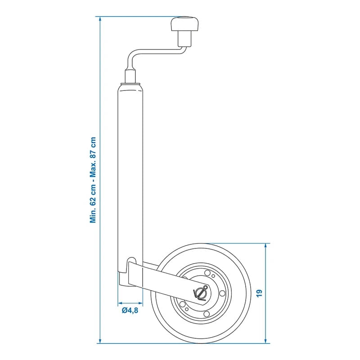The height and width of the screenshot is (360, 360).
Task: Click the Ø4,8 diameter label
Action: tap(130, 310)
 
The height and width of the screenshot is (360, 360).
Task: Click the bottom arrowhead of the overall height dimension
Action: tap(99, 341)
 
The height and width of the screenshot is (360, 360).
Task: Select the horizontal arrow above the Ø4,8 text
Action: tap(130, 302)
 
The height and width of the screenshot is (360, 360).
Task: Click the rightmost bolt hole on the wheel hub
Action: tap(222, 293)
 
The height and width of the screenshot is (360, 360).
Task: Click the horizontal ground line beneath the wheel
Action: tap(189, 343)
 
